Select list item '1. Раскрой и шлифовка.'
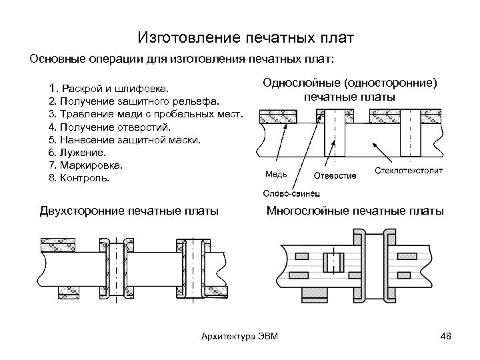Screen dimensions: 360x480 [x=109, y=88]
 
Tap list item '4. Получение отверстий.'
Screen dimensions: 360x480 [x=110, y=127]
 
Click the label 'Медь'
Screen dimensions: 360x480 [x=277, y=175]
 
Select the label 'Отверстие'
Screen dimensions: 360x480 [x=335, y=176]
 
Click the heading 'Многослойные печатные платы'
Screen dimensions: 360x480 [x=355, y=212]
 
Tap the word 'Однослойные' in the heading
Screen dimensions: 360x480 [x=302, y=84]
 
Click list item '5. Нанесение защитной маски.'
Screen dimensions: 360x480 [x=120, y=140]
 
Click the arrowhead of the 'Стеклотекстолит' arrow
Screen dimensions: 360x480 [x=374, y=142]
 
